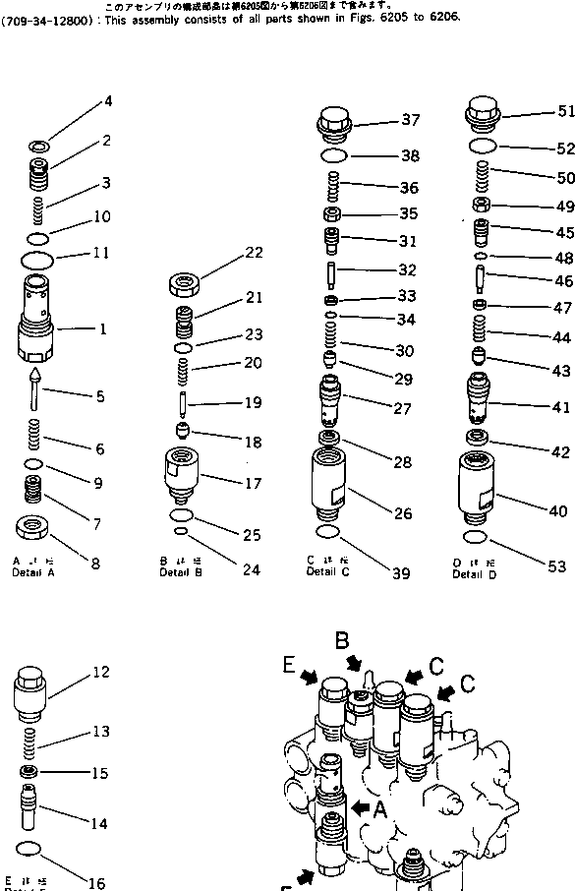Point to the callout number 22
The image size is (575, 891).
click(x=254, y=253)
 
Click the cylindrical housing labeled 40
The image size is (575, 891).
click(x=481, y=487)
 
